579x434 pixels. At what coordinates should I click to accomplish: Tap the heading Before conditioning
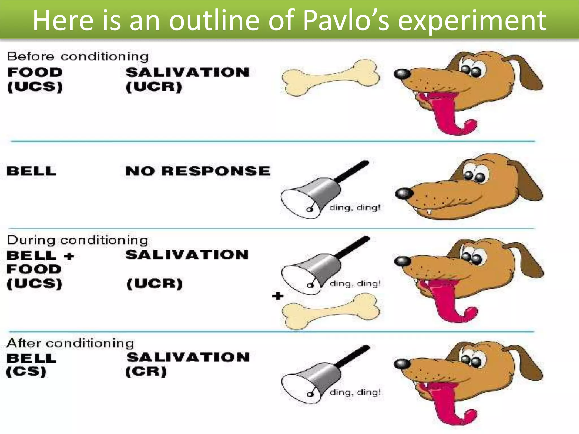coord(78,57)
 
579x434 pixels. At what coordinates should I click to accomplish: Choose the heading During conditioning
coord(77,240)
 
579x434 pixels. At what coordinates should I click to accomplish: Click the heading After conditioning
coord(70,343)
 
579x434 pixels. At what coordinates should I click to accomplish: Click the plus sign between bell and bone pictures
coord(278,296)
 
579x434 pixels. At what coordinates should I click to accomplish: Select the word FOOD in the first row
coord(35,72)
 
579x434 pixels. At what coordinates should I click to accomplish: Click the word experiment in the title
coord(472,20)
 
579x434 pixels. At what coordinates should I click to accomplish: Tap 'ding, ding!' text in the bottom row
coord(355,392)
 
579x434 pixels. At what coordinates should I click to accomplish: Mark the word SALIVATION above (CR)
coord(188,357)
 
